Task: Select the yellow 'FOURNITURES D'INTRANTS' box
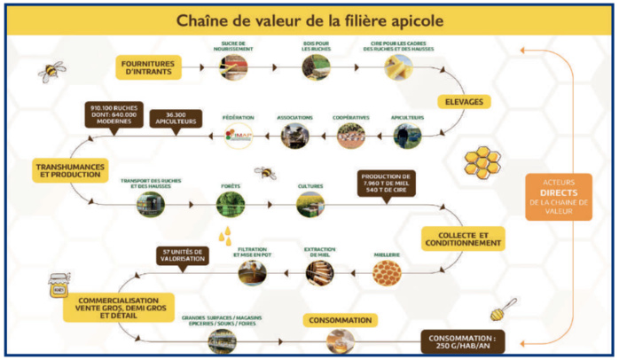click(x=148, y=67)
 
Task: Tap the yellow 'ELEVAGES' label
click(x=464, y=103)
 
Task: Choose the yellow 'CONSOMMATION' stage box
click(x=341, y=319)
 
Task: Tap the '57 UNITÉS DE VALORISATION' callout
click(x=184, y=255)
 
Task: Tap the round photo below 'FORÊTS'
click(x=231, y=205)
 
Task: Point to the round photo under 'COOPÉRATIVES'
click(x=350, y=136)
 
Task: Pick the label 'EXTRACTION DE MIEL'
click(x=319, y=253)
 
